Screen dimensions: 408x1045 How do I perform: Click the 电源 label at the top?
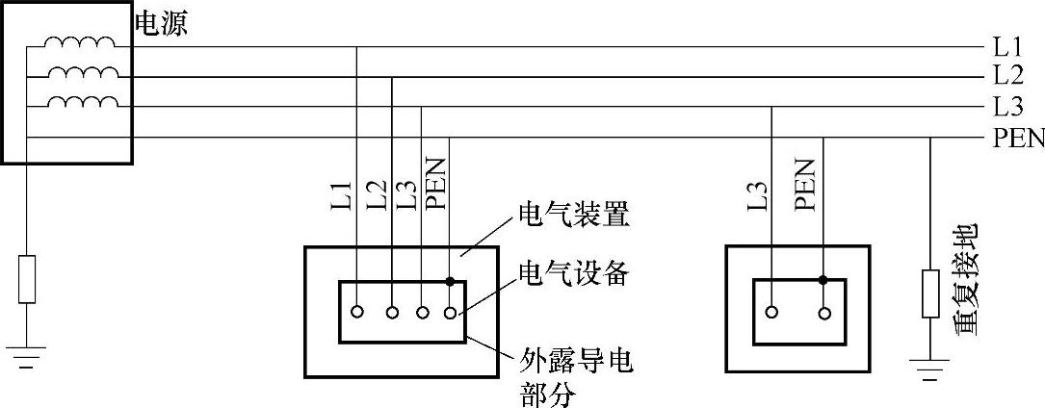click(160, 24)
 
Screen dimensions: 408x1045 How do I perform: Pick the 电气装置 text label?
click(574, 216)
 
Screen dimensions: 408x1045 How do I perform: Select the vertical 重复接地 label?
click(965, 278)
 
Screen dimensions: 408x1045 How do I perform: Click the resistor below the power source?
click(27, 279)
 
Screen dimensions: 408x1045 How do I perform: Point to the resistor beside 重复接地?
click(929, 293)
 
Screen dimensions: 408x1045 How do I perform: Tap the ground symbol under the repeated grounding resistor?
click(929, 368)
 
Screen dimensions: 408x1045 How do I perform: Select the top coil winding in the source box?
click(82, 43)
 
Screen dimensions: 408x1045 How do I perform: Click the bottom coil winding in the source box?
click(82, 103)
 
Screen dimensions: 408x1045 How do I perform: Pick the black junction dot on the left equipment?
click(450, 281)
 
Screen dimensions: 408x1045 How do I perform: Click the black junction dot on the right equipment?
click(823, 280)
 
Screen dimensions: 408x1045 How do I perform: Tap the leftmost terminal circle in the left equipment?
click(357, 312)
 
